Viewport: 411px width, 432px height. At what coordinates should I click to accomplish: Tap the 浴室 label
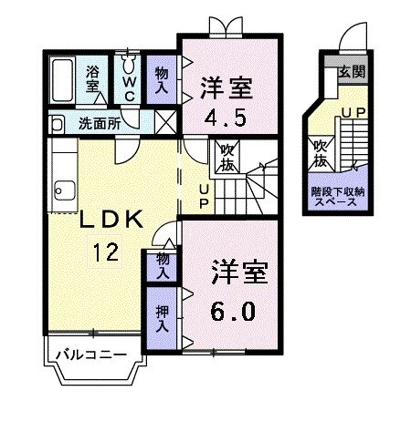click(94, 78)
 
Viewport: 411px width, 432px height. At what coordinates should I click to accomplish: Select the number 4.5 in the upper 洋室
click(226, 118)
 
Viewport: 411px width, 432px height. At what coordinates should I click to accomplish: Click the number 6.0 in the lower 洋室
click(233, 311)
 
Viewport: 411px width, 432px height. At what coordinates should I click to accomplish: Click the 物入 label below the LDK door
click(163, 265)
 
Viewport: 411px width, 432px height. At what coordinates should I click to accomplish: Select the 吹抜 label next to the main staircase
click(227, 159)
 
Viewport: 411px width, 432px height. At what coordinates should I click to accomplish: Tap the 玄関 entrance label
click(352, 70)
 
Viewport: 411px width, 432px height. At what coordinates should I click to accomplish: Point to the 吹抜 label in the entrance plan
click(321, 151)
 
